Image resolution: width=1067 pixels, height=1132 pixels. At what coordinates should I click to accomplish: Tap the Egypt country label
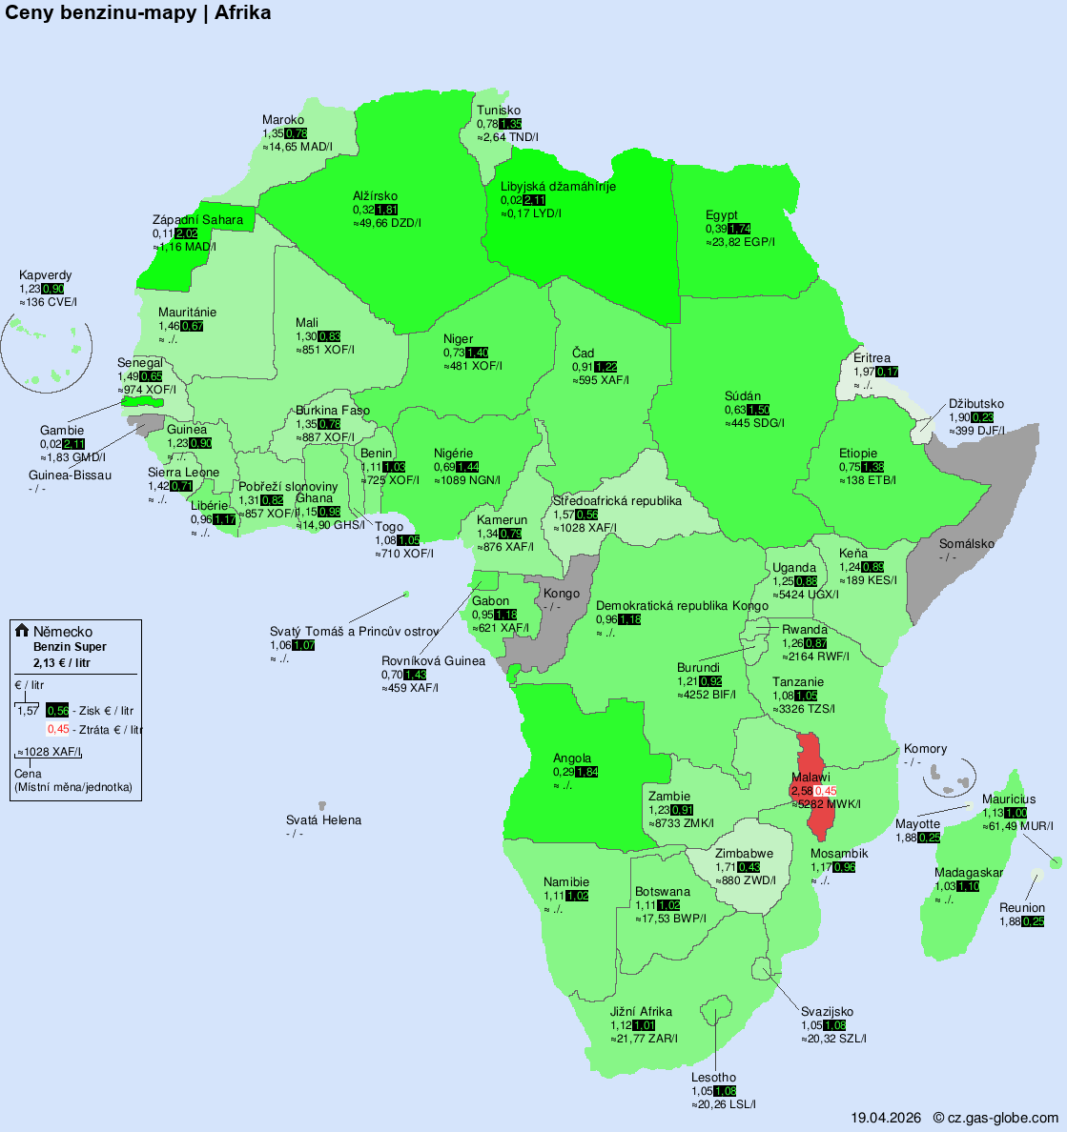(x=722, y=214)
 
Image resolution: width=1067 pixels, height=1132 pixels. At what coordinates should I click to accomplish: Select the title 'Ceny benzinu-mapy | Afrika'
(x=138, y=12)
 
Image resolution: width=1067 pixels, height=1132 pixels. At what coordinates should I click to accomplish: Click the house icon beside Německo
(x=22, y=631)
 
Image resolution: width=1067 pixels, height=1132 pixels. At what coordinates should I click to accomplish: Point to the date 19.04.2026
(x=886, y=1118)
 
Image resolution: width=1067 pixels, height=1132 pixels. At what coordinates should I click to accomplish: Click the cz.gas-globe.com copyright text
(x=995, y=1118)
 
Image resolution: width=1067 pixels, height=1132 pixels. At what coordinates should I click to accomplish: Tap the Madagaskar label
(x=968, y=873)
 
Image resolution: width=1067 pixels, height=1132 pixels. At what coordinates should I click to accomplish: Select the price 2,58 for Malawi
(x=801, y=791)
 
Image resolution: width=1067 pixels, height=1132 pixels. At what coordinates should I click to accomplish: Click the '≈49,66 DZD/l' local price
(x=387, y=223)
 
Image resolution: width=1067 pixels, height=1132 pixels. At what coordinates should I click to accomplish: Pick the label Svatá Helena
(x=323, y=820)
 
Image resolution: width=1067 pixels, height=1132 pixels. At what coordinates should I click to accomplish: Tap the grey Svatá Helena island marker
(x=323, y=806)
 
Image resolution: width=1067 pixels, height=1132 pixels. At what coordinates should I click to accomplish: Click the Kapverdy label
(x=45, y=275)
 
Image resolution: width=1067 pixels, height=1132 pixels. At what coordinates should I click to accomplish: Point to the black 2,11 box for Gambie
(x=73, y=444)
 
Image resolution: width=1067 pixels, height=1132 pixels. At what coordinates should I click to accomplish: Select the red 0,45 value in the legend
(x=58, y=729)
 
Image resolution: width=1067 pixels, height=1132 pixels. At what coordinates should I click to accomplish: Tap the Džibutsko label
(x=975, y=404)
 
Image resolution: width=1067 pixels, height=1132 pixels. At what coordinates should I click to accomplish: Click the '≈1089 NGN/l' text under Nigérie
(x=467, y=480)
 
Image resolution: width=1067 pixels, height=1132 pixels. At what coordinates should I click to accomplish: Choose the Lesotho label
(x=713, y=1078)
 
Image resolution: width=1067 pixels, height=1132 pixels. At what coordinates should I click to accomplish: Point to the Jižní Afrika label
(x=641, y=1012)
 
